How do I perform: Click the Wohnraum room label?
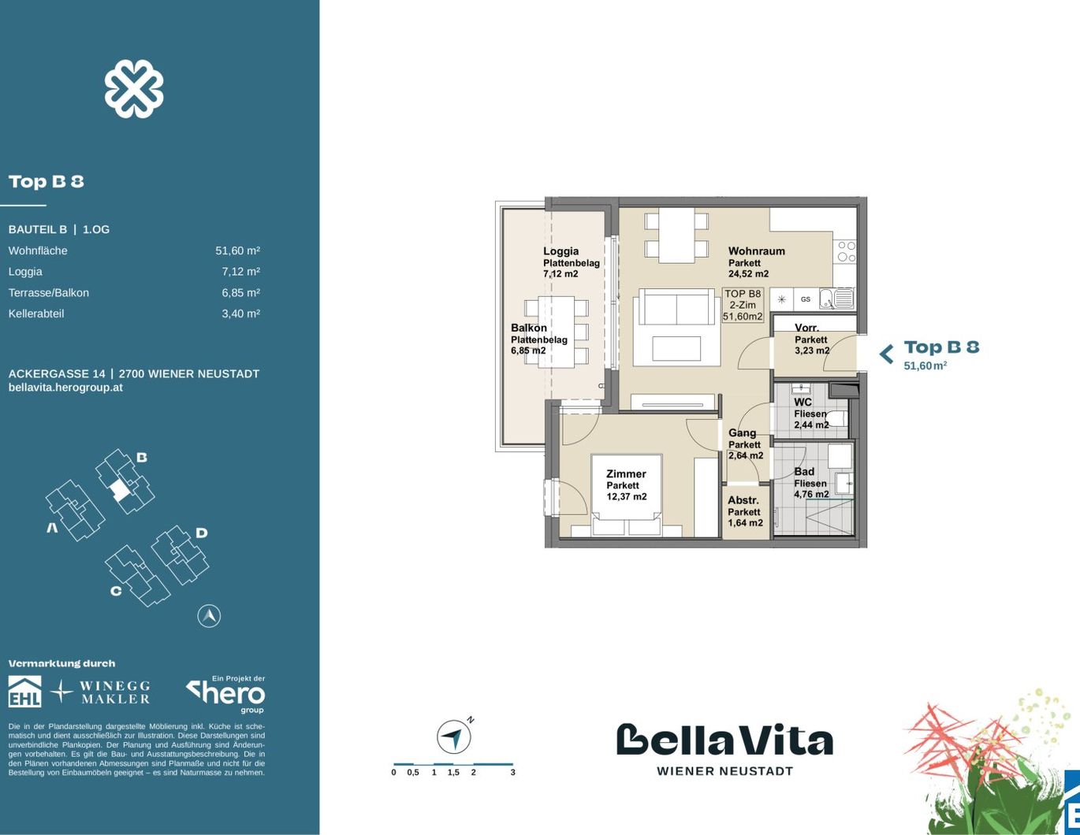click(x=757, y=251)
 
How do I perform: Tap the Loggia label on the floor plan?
click(x=560, y=251)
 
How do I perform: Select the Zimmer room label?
click(x=626, y=473)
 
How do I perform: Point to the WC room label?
click(x=803, y=402)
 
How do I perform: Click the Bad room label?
click(x=804, y=472)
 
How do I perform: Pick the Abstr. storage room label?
click(x=743, y=500)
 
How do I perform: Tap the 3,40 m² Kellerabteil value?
click(x=240, y=314)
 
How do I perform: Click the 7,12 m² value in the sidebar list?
click(x=240, y=272)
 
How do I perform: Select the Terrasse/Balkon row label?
click(x=49, y=293)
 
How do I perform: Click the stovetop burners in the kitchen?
click(x=846, y=251)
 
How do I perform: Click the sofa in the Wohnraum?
click(x=676, y=306)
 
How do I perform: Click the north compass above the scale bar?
click(x=454, y=737)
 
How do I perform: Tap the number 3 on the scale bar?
click(x=513, y=773)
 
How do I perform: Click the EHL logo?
click(x=25, y=691)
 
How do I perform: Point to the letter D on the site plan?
click(x=201, y=533)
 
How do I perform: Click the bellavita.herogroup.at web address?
click(x=65, y=388)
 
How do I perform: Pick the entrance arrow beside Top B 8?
click(x=886, y=354)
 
